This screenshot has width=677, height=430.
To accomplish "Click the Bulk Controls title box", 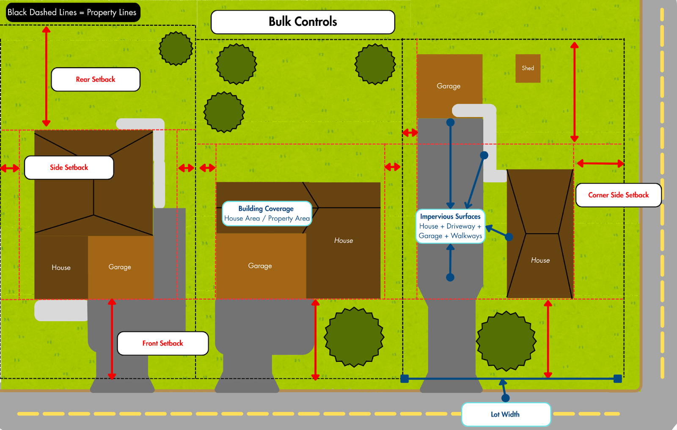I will point(303,22).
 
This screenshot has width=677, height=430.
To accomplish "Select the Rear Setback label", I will point(96,80).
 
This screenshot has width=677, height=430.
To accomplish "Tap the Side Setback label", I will point(69,168).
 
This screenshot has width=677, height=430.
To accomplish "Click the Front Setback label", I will point(163,343).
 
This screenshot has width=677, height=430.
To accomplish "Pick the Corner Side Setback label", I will point(618,195).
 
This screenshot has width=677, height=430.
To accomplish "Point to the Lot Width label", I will point(506,414).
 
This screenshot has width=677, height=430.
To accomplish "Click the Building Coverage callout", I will point(267,213).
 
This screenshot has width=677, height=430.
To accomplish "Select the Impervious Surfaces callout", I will point(450,226).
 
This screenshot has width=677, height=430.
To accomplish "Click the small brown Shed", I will point(528,68).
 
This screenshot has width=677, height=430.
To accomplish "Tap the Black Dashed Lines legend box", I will point(72,12).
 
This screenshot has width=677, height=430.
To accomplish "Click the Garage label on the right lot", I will point(449,86).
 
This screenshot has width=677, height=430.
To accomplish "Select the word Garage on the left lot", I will point(120,267).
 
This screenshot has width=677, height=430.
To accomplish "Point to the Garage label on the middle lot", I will point(260,266).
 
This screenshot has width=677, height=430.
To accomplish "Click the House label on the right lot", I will point(540,260).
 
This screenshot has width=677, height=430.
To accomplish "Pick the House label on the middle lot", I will point(343,240).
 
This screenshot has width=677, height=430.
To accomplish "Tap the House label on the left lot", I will point(61,267).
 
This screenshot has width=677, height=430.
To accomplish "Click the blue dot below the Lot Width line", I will point(505,398).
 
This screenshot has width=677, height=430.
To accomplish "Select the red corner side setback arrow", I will point(600,163).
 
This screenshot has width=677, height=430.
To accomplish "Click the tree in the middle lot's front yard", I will point(354,337).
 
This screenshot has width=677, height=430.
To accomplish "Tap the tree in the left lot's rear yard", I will point(176,49).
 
